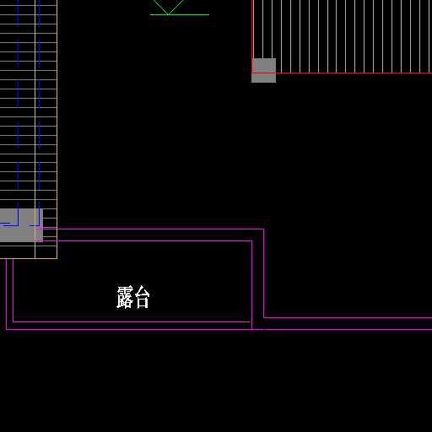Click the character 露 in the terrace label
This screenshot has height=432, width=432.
point(125,297)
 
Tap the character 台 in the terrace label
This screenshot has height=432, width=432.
point(143,297)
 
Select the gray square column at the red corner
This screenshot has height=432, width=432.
point(263,70)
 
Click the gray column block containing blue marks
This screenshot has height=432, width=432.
point(21,225)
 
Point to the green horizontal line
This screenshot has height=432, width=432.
point(180,14)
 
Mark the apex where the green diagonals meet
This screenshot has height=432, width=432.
point(168,14)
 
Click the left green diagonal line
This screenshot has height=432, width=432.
point(160,7)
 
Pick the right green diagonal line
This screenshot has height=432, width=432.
point(175,7)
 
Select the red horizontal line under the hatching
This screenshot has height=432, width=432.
point(342,73)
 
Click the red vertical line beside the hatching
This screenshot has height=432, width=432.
point(252,36)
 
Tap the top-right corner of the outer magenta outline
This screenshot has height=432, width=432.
point(263,229)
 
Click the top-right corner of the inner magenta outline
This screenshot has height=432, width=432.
point(251,241)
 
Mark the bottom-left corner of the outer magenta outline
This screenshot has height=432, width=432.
point(7,329)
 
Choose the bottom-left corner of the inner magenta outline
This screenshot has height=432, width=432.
point(13,321)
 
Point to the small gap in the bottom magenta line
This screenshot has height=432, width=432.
point(263,329)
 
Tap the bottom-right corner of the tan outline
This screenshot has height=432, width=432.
point(57,258)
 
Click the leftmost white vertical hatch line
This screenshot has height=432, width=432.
point(254,30)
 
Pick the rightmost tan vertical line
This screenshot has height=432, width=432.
point(57,129)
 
